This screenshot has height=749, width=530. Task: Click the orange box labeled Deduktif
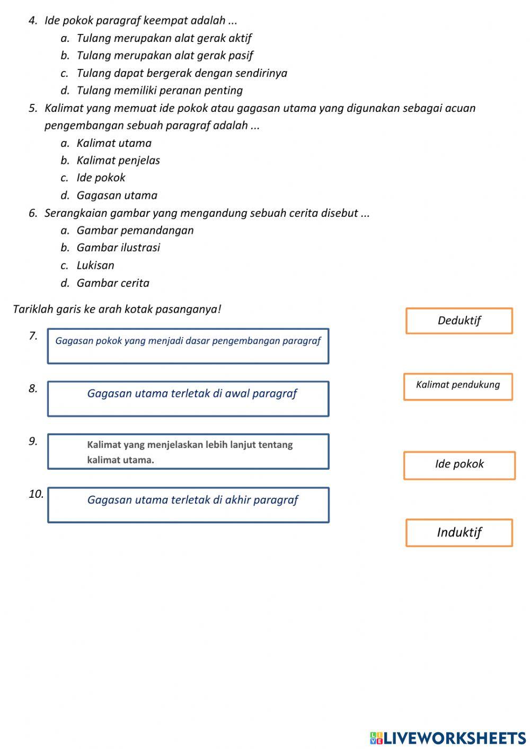459,321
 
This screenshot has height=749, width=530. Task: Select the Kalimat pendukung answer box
458,386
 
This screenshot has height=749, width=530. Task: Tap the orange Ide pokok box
459,465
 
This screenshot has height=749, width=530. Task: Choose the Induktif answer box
459,532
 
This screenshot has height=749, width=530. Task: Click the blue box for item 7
188,346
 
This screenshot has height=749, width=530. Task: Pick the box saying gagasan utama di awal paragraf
188,398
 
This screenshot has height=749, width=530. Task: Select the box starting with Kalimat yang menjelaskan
188,452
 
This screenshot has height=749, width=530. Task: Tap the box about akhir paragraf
188,505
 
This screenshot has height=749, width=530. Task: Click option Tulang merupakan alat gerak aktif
164,38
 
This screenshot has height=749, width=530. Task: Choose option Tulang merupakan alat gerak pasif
164,56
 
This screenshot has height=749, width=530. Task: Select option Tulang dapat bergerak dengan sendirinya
181,73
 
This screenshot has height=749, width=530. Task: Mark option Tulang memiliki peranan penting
159,91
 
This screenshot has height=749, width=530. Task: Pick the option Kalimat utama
114,143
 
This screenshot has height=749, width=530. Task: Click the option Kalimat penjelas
118,161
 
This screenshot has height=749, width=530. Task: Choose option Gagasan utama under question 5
117,196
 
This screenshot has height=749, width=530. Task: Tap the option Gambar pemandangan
135,231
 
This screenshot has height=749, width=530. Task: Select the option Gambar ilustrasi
118,248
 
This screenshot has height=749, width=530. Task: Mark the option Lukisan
95,266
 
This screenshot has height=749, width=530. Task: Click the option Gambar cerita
113,283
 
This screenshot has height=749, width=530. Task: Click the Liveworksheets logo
448,738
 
